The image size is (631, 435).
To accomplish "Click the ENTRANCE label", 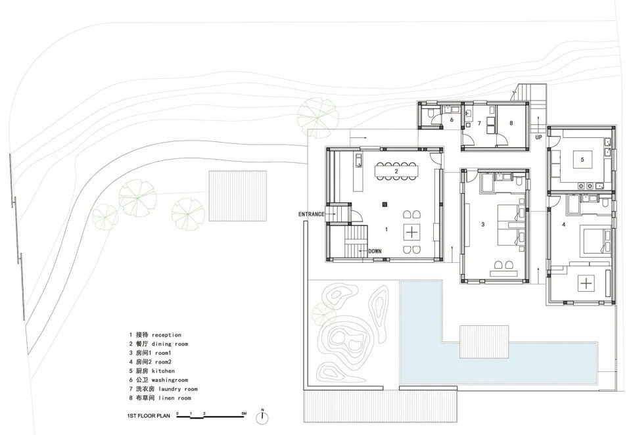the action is [311, 214].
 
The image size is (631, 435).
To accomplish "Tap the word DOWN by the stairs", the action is [375, 252].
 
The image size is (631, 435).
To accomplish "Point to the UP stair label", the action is [538, 137].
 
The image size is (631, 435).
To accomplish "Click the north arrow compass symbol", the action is [262, 417].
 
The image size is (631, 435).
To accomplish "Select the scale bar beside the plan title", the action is [211, 416].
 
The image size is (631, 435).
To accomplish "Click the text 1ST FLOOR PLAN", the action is [149, 416].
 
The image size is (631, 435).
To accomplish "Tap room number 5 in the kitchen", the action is [582, 160].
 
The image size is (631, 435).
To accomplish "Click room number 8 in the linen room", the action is [511, 123].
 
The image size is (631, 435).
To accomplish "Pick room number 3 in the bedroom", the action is [483, 225].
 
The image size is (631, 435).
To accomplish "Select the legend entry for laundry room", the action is [164, 389].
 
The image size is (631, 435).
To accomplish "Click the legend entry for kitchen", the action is [152, 371].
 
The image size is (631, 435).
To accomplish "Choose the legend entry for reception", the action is [155, 335].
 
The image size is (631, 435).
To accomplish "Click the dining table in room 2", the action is [396, 171].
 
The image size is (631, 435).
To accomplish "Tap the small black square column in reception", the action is [385, 204].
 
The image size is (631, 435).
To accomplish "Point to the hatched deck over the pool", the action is [484, 342].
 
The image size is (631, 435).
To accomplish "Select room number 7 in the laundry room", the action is [479, 124].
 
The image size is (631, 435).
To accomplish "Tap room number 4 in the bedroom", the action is [563, 225].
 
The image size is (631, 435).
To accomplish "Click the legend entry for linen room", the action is [160, 398].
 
